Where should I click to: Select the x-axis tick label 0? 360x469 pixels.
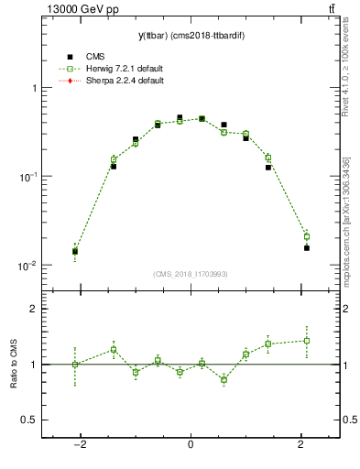click(x=191, y=444)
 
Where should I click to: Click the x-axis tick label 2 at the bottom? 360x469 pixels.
click(x=301, y=444)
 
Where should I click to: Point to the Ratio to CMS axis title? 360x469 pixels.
click(x=13, y=365)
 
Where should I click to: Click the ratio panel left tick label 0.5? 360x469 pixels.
click(x=29, y=420)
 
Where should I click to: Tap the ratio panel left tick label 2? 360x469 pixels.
click(x=33, y=309)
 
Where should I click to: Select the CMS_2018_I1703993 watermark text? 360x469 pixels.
click(x=191, y=274)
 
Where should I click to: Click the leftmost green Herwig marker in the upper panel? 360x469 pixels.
click(x=75, y=250)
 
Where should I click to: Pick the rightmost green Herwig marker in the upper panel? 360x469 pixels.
click(x=306, y=236)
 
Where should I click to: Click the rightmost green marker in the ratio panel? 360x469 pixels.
click(x=306, y=341)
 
